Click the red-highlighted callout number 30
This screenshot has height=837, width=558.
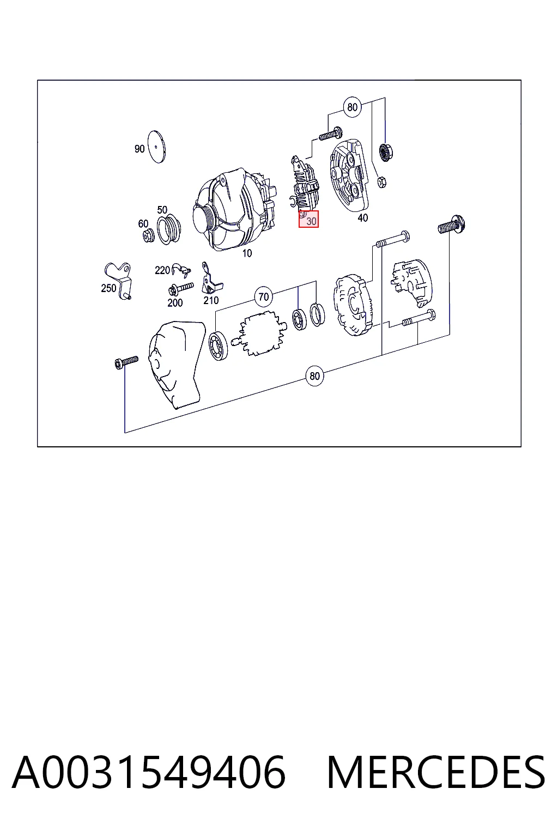[311, 221]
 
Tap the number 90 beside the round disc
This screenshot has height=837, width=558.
[139, 149]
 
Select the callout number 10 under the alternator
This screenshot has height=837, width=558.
[247, 253]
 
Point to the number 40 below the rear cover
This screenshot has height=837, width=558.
[362, 218]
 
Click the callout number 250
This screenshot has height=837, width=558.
[109, 288]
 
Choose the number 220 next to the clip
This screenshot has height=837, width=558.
[162, 270]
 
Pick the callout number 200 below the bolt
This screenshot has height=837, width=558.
[175, 302]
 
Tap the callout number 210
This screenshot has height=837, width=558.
[211, 300]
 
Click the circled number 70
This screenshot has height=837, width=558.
[264, 297]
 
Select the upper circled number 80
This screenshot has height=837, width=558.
[353, 107]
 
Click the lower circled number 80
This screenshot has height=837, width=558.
[315, 376]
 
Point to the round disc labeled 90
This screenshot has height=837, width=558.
[157, 147]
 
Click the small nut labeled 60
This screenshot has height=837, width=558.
[149, 236]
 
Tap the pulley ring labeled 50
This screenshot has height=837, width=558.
[169, 230]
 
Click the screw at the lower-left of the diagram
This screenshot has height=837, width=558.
[126, 362]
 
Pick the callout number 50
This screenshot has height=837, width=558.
[162, 210]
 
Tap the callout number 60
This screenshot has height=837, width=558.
[143, 224]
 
